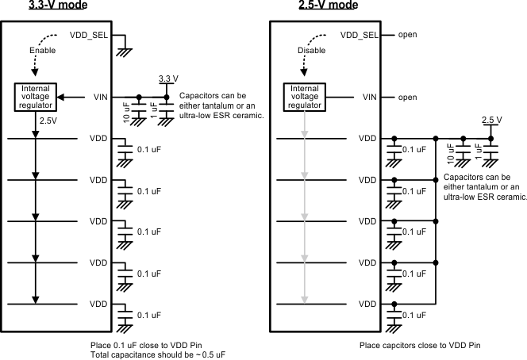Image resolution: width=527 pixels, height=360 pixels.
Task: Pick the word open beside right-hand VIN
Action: [407, 97]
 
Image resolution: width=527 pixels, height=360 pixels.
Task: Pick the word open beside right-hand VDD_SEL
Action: [407, 35]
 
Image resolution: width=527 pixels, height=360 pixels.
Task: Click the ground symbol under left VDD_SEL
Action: [124, 52]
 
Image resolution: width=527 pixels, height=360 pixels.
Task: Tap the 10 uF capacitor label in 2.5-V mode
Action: [452, 151]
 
